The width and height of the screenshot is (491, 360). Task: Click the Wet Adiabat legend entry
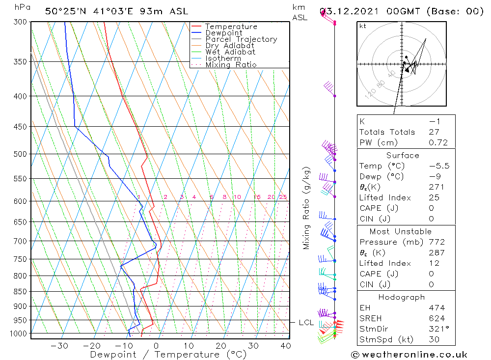(230, 52)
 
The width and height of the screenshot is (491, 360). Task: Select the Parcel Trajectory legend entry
(241, 39)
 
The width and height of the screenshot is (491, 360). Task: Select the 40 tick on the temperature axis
(285, 346)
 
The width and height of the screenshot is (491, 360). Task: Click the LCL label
(306, 323)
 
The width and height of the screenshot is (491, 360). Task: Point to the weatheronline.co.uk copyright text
(409, 355)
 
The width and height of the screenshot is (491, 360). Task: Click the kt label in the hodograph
(363, 26)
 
